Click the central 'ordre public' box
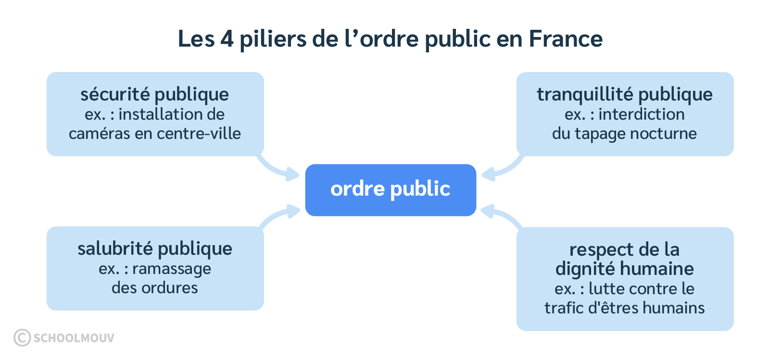(390, 189)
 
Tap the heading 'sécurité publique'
(154, 94)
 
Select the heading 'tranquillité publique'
(624, 94)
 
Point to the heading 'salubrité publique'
(154, 248)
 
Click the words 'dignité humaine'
(624, 268)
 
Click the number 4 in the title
(227, 38)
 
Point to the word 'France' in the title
(566, 38)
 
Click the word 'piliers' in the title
(273, 38)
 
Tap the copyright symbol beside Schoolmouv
(22, 337)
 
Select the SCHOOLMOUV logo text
(74, 338)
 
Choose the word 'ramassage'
(171, 269)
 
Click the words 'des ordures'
(154, 288)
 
